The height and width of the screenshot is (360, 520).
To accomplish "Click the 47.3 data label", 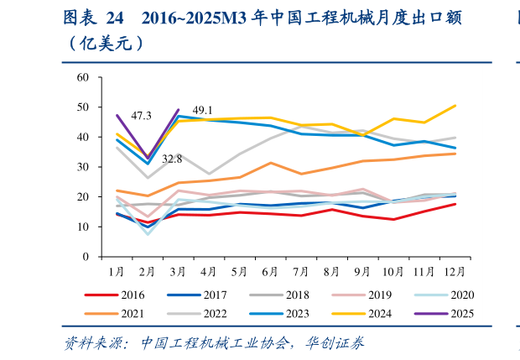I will (x=141, y=115).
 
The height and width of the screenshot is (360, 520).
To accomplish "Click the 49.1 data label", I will (x=202, y=110).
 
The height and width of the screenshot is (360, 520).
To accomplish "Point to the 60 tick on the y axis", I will (x=83, y=77).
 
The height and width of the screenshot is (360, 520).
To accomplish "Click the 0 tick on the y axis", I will (x=86, y=257).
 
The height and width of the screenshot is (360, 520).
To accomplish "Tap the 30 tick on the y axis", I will (x=83, y=167).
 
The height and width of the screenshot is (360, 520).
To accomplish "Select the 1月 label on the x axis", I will (x=117, y=272).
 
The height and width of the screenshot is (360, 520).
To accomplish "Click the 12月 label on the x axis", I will (x=455, y=272).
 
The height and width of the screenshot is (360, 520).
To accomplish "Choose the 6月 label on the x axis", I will (x=270, y=272).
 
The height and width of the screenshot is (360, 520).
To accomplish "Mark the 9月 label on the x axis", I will (x=362, y=272).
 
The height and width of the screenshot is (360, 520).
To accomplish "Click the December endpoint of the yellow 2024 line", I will (x=455, y=106).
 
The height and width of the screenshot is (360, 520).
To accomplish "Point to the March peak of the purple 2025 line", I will (x=179, y=110).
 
